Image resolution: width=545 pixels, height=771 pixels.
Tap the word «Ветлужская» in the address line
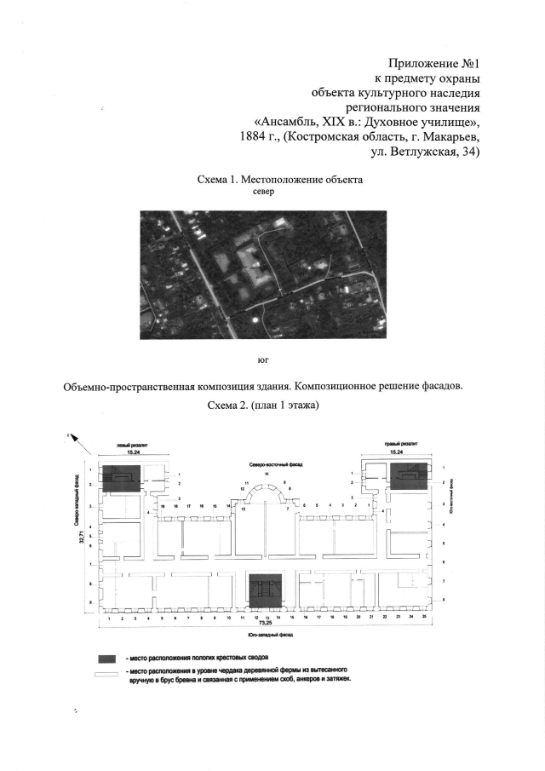[x=429, y=152]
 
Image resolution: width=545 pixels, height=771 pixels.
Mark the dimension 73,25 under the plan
[x=266, y=624]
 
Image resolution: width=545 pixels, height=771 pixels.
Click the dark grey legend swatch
[x=106, y=659]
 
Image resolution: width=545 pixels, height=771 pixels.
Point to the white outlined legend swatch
[x=106, y=673]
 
